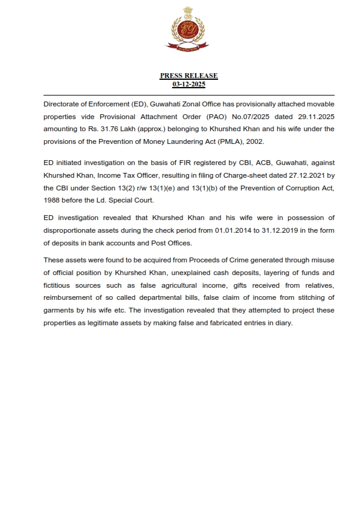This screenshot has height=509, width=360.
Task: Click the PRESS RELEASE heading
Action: coord(188,76)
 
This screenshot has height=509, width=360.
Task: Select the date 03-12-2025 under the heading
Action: coord(188,84)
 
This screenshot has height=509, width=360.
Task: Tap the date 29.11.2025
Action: coord(315,117)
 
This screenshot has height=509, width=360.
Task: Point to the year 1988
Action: coord(53,200)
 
